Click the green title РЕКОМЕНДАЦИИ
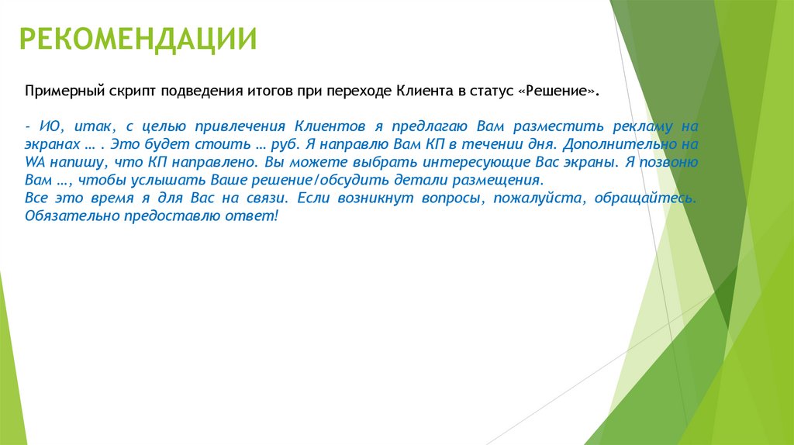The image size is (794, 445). [138, 39]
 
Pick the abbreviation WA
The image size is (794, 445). [35, 162]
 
